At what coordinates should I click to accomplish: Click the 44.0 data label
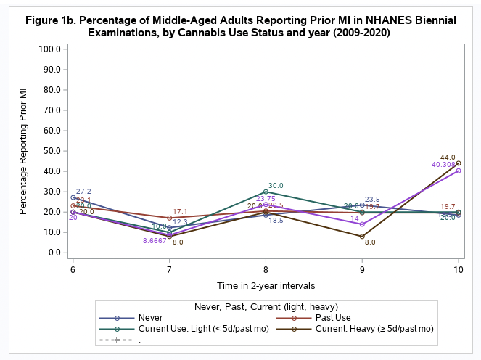[x=448, y=157]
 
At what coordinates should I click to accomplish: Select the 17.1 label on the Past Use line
[x=180, y=211]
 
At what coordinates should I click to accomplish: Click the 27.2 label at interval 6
[x=83, y=192]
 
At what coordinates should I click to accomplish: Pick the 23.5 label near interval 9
[x=372, y=199]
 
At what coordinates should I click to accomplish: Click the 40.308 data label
[x=444, y=165]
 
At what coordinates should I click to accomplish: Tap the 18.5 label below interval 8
[x=276, y=220]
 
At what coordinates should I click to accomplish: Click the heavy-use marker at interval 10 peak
[x=459, y=163]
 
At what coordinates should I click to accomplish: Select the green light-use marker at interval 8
[x=266, y=192]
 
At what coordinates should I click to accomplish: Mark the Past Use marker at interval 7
[x=170, y=218]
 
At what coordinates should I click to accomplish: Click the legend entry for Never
[x=150, y=317]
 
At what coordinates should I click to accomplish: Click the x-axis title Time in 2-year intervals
[x=266, y=285]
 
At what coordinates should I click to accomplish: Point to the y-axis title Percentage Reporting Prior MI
[x=23, y=151]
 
